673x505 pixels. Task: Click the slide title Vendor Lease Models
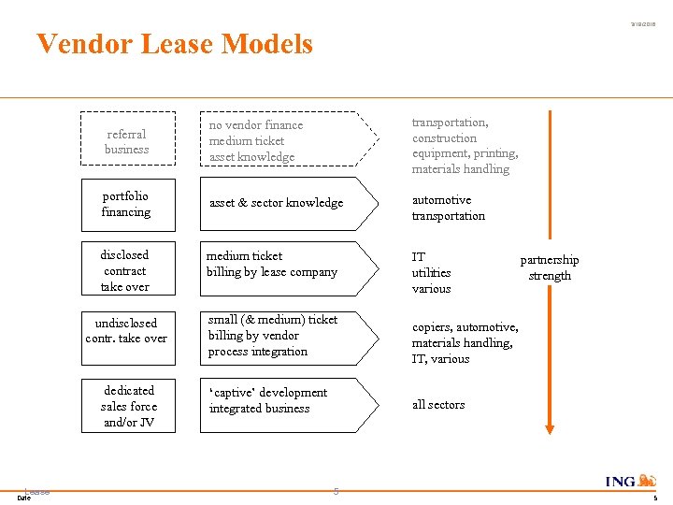(175, 44)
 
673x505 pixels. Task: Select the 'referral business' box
(127, 141)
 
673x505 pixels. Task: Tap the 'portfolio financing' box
(127, 204)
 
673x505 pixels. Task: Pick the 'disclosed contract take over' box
(126, 270)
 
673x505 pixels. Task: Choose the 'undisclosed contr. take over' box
(126, 330)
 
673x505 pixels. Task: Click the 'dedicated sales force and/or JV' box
(129, 406)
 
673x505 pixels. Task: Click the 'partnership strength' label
(550, 267)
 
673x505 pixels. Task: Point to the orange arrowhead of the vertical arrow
(550, 428)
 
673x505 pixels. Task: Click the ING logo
(632, 481)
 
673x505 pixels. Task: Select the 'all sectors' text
(438, 405)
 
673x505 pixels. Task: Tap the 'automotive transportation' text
(449, 208)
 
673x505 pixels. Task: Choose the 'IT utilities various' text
(432, 272)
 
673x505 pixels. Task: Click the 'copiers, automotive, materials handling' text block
(465, 342)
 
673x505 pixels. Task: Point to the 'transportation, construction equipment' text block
(465, 146)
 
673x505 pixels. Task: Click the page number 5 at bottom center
(336, 491)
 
